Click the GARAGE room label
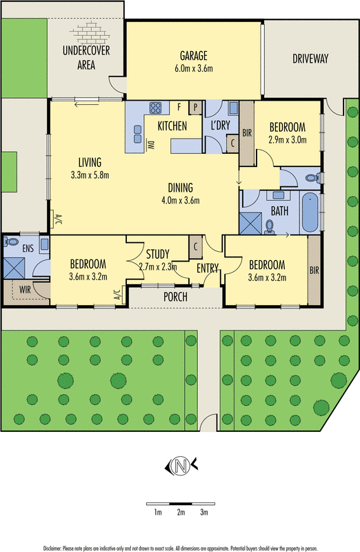pos(194,56)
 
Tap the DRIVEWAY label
pos(310,59)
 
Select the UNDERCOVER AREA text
pos(86,57)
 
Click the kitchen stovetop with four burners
pos(155,108)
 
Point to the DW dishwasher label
pos(151,145)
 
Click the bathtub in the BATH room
pos(310,212)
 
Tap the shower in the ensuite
pos(14,268)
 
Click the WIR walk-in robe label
pos(25,290)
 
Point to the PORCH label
pos(175,297)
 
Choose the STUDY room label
pos(158,254)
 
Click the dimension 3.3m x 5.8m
pos(90,175)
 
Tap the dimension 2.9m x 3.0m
pos(288,140)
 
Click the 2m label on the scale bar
pos(181,512)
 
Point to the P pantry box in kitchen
pos(195,108)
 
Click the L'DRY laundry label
pos(220,125)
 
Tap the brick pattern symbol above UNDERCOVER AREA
pos(90,32)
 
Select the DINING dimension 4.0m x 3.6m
pos(181,201)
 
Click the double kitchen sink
pos(138,134)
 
